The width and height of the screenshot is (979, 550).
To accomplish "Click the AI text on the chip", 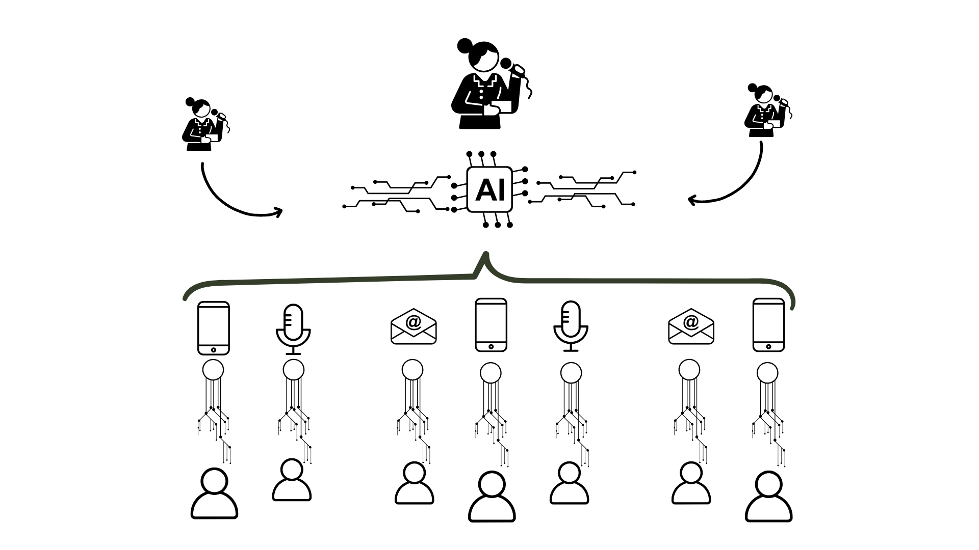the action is tap(489, 189).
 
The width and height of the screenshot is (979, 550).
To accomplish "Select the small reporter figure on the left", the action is tap(204, 125).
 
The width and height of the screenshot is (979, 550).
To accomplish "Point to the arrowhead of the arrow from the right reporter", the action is tap(692, 200).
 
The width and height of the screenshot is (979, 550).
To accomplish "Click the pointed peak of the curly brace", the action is tap(486, 255).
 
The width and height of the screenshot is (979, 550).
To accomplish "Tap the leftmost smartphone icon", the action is tap(213, 328).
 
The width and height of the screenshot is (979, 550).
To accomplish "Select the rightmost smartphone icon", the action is tap(768, 325).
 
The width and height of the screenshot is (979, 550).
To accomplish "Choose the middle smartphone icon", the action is tap(491, 325).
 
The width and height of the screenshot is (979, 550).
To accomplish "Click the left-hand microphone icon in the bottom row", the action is tap(293, 329).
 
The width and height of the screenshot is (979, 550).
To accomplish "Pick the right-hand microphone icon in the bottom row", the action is tap(571, 326).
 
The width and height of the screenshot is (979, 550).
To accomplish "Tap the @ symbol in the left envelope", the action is tap(413, 322).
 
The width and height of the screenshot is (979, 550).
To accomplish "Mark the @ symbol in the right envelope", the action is tap(690, 322).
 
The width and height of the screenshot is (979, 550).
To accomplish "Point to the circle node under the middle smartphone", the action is tap(491, 373).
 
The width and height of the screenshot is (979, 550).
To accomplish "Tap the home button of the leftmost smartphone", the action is tap(213, 350).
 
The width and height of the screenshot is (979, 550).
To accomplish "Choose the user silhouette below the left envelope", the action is tap(414, 483).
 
